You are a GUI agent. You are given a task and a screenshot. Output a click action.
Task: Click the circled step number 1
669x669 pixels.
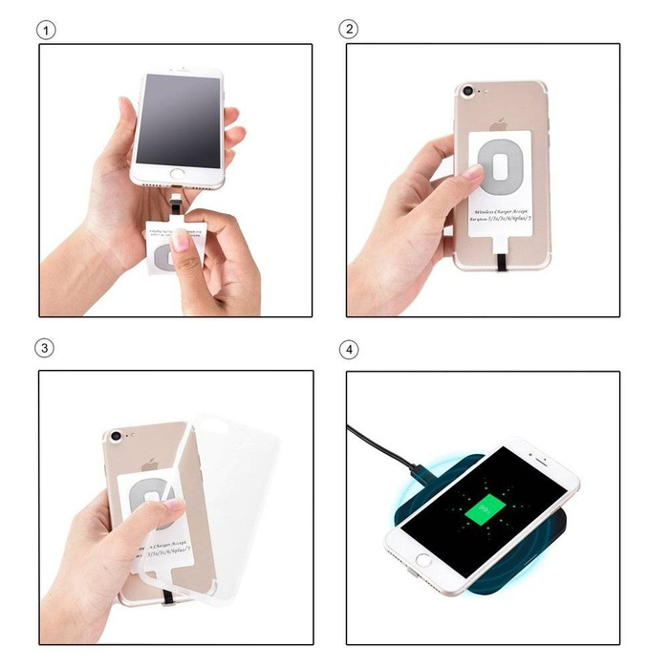[46, 29]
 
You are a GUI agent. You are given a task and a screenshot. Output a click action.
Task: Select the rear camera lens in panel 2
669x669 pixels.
[467, 93]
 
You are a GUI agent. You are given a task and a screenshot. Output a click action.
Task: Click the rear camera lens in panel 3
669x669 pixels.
[117, 436]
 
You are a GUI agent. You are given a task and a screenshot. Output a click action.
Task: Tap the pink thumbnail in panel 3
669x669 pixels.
[174, 505]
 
